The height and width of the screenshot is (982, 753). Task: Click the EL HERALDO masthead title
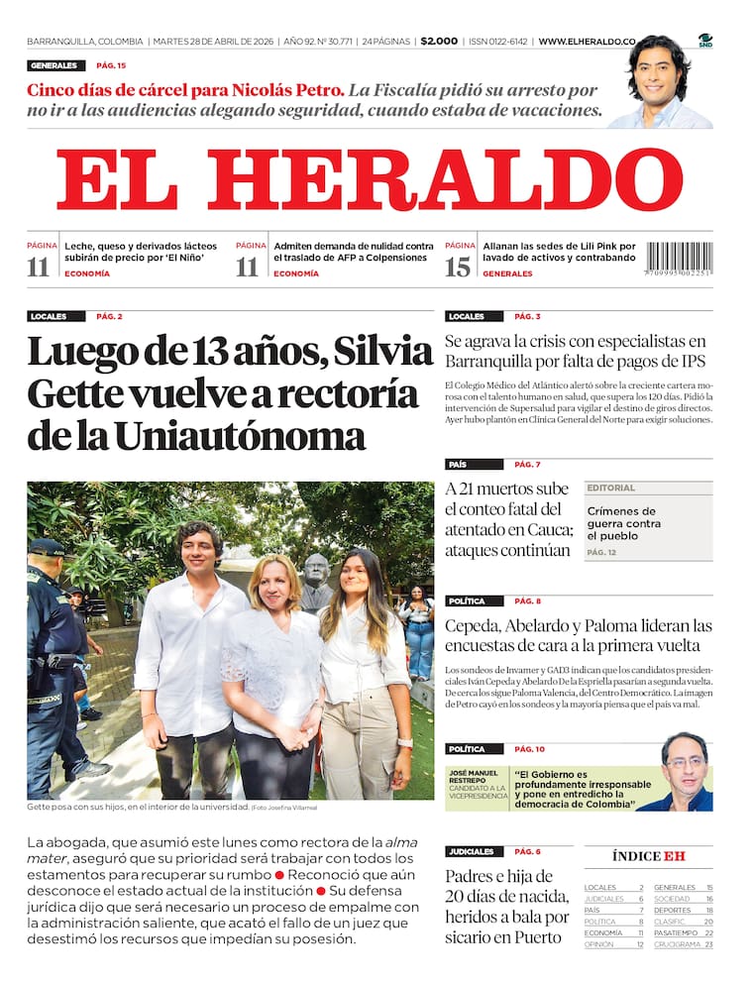[369, 179]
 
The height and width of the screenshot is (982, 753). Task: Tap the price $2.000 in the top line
[439, 41]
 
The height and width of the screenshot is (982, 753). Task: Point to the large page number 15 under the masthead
[458, 266]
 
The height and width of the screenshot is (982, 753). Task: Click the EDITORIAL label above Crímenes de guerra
[611, 488]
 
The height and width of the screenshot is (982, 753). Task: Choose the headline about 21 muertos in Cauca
[507, 519]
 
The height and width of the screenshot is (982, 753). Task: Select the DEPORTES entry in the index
[673, 910]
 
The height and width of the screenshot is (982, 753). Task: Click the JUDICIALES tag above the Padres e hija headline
[471, 851]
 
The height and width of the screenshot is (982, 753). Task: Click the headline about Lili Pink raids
[559, 251]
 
